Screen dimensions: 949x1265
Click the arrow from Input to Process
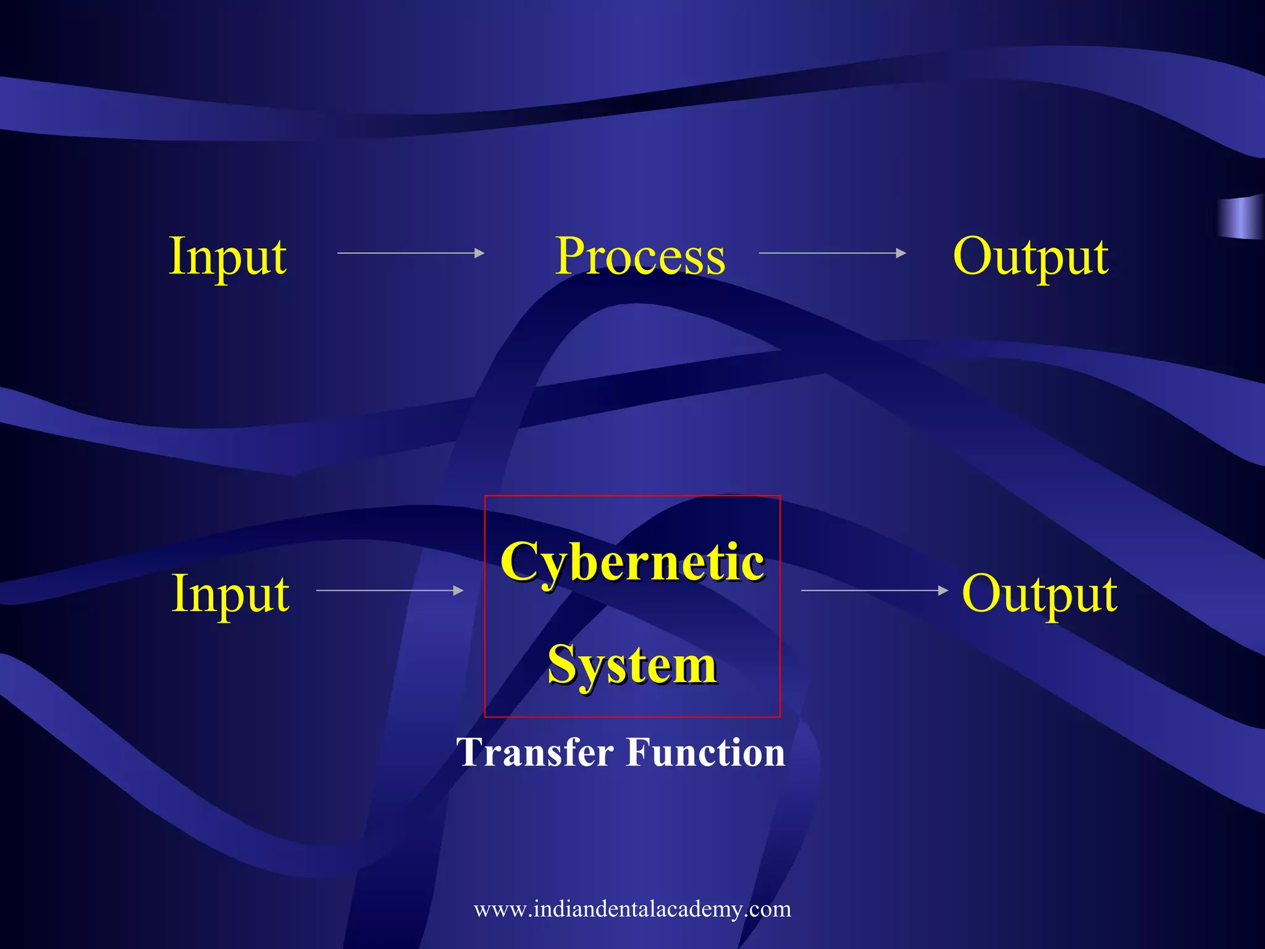click(x=411, y=253)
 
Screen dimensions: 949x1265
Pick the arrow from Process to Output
click(x=832, y=253)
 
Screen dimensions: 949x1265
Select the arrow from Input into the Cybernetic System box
click(x=389, y=591)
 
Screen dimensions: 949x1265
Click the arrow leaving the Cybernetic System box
click(x=874, y=591)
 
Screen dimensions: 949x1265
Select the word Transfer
click(x=535, y=752)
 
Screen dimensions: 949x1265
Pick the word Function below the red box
click(x=705, y=752)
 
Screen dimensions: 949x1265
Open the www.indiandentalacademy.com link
click(x=632, y=909)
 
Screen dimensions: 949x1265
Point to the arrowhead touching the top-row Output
click(x=901, y=253)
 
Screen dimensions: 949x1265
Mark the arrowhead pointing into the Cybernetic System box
click(x=458, y=591)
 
